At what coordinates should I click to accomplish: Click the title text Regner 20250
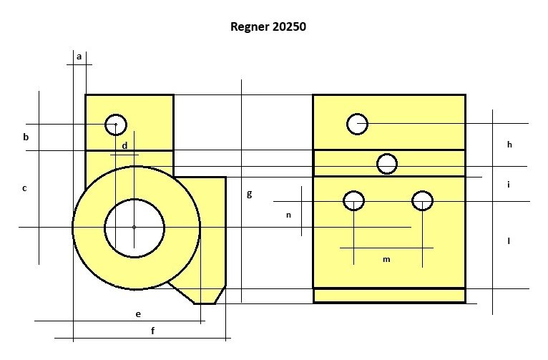point(268,26)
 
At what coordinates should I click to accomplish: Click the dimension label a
point(79,57)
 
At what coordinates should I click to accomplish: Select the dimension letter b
point(26,137)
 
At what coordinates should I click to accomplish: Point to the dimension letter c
point(24,188)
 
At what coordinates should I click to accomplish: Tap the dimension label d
point(124,145)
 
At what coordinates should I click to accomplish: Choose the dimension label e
point(138,314)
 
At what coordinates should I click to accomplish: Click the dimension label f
point(152,330)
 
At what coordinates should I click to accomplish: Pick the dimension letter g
point(249,194)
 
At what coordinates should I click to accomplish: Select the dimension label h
point(509,144)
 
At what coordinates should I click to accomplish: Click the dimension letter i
point(509,184)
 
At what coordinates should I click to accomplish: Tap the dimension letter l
point(509,240)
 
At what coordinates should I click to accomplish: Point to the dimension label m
point(386,259)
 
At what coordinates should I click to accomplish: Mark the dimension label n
point(288,215)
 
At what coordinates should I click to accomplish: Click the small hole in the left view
point(116,125)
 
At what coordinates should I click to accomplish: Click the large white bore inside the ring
point(134,228)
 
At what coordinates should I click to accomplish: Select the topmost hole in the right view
point(357,124)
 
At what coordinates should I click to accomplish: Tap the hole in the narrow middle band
point(387,164)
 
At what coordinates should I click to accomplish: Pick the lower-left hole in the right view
point(353,201)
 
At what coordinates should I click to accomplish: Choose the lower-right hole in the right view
point(422,201)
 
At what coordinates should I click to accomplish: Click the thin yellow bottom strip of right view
point(389,296)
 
